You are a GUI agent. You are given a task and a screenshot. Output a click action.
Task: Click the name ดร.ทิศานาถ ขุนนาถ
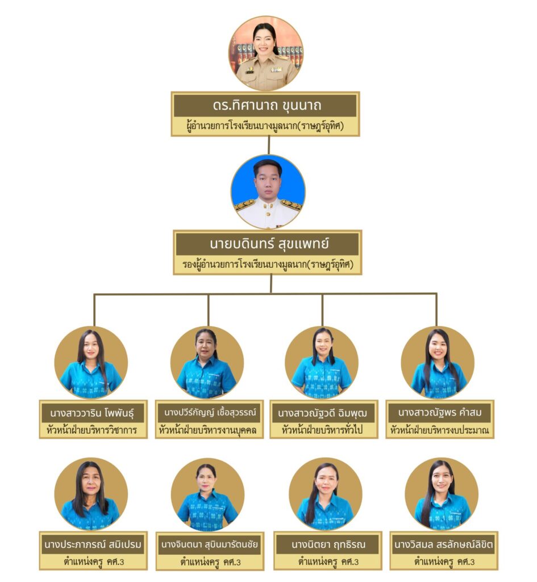(265, 106)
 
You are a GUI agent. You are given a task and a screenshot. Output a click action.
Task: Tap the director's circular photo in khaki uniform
(266, 53)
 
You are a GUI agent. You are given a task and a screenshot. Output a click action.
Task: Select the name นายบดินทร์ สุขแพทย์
(267, 244)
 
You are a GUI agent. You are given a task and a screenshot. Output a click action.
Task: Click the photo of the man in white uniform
(268, 192)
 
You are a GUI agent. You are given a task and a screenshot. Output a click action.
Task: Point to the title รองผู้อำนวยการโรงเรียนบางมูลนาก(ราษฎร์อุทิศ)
(267, 264)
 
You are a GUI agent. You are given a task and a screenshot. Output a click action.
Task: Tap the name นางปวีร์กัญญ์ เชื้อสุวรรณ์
(207, 411)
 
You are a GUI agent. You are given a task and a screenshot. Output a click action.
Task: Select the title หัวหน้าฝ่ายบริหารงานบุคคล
(207, 430)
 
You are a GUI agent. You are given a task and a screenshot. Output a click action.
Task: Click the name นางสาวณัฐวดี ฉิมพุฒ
(323, 412)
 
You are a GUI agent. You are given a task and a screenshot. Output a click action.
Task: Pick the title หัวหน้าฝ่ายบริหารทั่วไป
(323, 430)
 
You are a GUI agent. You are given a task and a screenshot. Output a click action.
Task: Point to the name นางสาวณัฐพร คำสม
(439, 412)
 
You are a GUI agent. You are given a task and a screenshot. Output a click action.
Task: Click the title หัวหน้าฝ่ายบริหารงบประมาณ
(439, 430)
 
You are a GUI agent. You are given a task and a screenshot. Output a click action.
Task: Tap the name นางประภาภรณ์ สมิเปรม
(93, 544)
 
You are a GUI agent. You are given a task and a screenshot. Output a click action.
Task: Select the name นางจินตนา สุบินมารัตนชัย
(210, 544)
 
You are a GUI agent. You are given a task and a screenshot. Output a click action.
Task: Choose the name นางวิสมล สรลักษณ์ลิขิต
(443, 545)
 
